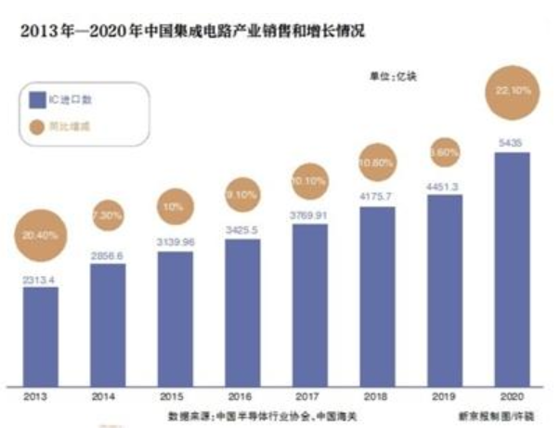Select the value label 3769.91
tap(309, 216)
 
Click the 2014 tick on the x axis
tap(108, 396)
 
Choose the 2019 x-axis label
tap(444, 396)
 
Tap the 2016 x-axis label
tap(241, 396)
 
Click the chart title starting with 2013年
tap(186, 31)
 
